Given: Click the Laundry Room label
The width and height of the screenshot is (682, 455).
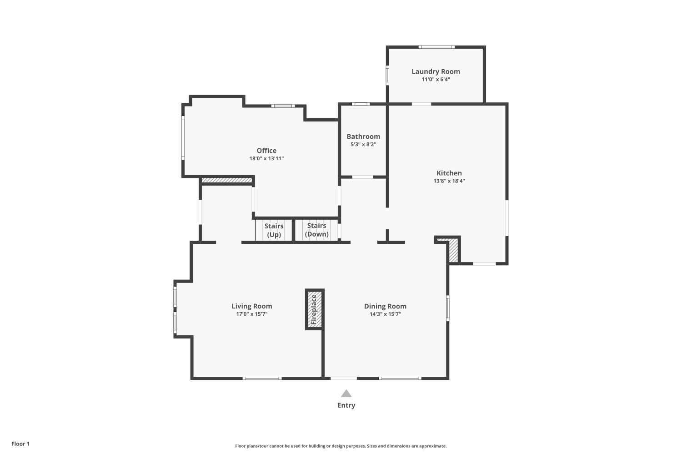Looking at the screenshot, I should [436, 71].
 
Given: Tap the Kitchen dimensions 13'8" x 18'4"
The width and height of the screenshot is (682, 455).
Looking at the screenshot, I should [449, 181].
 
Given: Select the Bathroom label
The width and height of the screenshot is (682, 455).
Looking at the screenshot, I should [363, 136].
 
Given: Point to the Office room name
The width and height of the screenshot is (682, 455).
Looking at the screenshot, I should [266, 151].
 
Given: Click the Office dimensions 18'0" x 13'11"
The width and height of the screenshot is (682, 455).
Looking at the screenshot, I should [266, 159].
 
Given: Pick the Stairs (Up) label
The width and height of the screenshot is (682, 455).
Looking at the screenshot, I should [274, 230].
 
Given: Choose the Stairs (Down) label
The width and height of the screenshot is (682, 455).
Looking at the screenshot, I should [316, 230].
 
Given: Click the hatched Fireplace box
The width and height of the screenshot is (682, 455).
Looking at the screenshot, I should [314, 309].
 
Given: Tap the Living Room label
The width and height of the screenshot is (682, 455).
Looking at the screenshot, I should [252, 306].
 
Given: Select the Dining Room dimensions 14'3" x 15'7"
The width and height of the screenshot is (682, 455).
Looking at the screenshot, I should [385, 314].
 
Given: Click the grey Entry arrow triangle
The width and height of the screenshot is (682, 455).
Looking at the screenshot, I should [346, 394].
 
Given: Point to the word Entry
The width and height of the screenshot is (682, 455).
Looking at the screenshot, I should [346, 405].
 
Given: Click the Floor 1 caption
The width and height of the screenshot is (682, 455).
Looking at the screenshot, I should [20, 444].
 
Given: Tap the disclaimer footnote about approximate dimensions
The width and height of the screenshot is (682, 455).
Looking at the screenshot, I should [341, 446].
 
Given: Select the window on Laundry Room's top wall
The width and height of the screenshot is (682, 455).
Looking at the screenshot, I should [436, 47].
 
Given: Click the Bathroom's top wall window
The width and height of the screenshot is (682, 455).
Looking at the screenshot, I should [361, 104].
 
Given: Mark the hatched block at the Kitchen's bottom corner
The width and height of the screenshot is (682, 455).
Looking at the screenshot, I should [453, 251].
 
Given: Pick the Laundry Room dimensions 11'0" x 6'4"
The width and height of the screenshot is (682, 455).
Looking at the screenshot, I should [436, 80].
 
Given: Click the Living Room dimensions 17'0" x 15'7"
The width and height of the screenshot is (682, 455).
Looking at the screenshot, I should [252, 314].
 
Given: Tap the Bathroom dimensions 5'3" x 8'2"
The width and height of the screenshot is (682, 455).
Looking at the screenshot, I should [363, 145].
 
